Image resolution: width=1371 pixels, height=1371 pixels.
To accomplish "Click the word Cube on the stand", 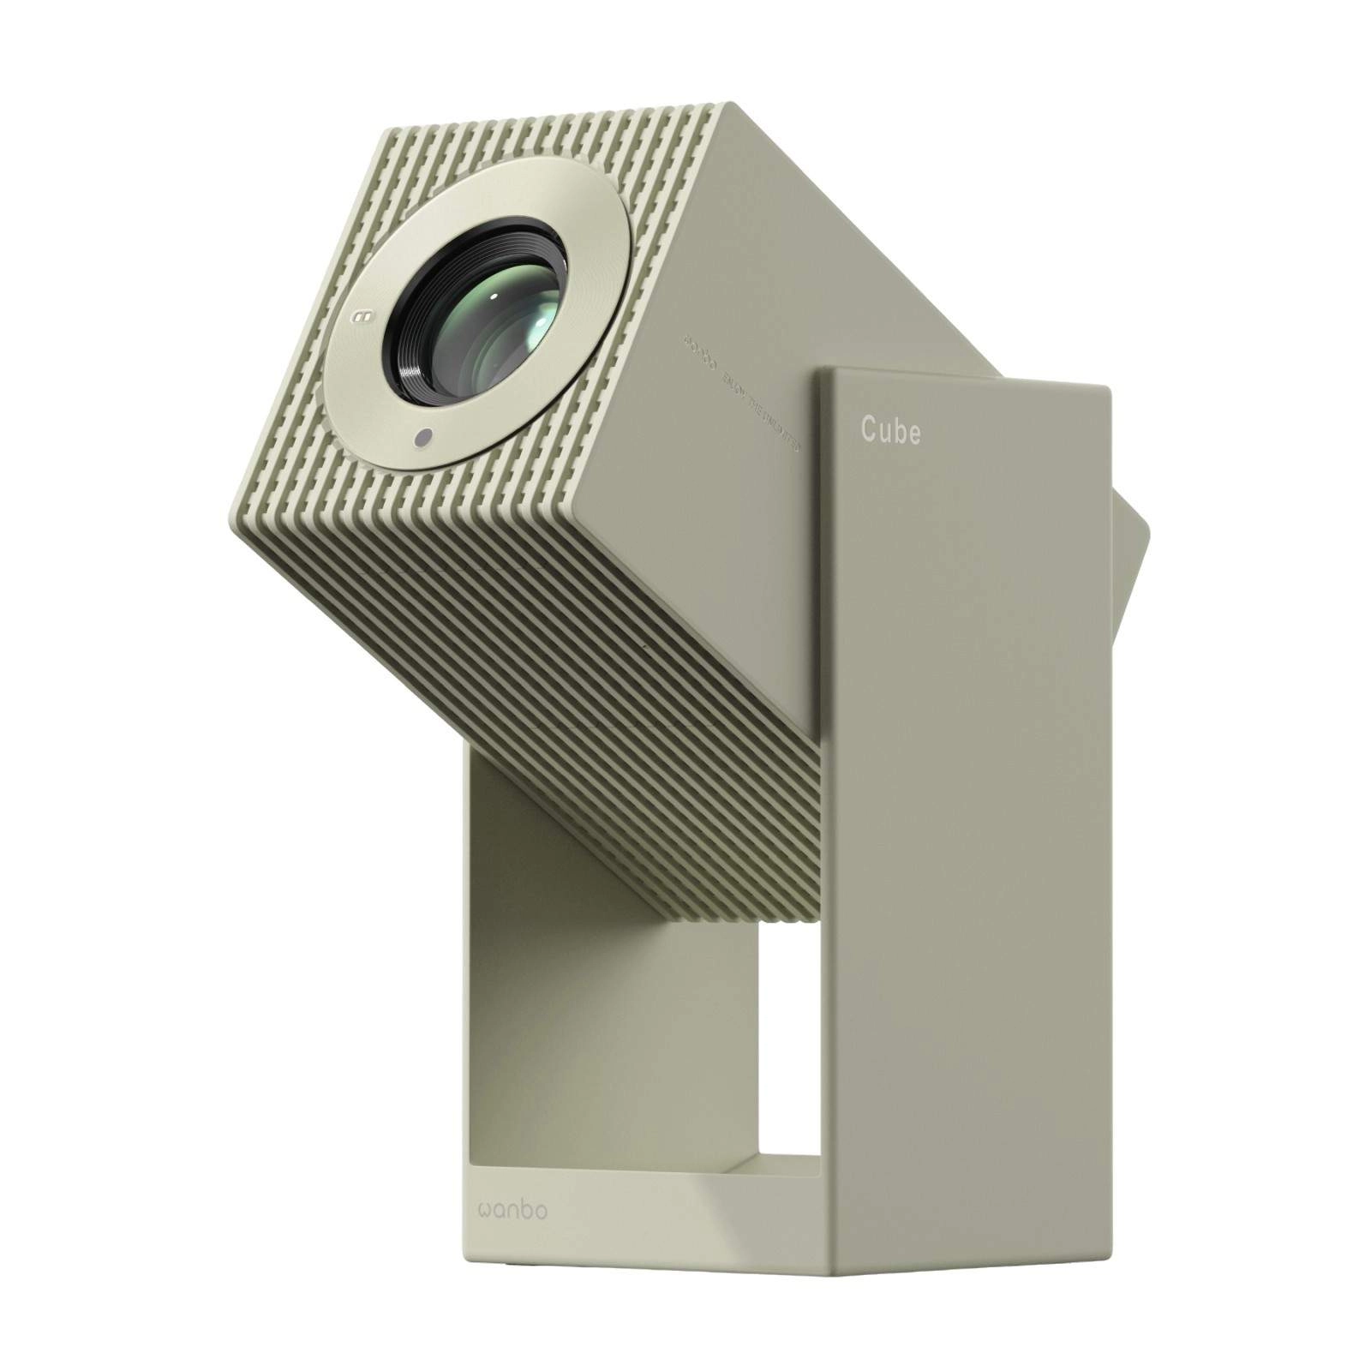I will [x=891, y=431].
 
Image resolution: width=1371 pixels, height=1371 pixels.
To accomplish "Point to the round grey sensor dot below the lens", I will [x=422, y=439].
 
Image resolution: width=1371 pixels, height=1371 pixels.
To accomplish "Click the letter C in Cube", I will [x=868, y=431].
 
